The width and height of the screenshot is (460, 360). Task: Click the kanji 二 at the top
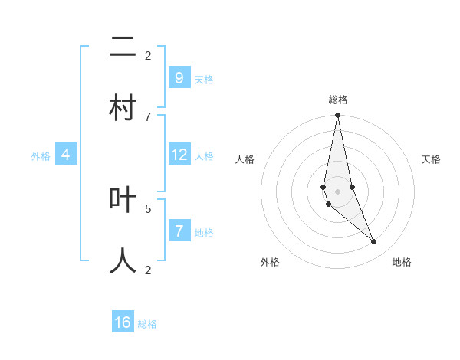click(x=123, y=48)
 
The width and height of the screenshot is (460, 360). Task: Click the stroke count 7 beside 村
click(x=148, y=116)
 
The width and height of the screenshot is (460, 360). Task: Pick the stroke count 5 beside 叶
click(x=148, y=208)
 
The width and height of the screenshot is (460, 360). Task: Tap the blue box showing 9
click(x=179, y=78)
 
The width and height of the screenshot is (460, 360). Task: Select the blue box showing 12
click(x=179, y=155)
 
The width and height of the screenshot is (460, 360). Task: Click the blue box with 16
click(x=123, y=322)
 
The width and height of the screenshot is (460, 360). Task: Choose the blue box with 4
click(x=66, y=155)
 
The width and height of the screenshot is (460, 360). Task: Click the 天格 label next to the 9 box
click(x=204, y=80)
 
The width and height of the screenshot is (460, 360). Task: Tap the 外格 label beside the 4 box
click(x=41, y=156)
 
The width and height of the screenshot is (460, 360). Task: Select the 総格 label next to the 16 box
click(x=147, y=324)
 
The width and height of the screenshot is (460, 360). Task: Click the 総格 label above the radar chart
click(x=338, y=100)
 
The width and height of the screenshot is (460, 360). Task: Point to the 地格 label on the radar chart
click(x=402, y=262)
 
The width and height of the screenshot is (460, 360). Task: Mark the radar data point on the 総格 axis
click(x=337, y=116)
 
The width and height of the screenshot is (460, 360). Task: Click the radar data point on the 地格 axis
click(x=374, y=242)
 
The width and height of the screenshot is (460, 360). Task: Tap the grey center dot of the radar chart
click(x=337, y=191)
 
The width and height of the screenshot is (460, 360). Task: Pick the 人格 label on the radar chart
click(x=245, y=159)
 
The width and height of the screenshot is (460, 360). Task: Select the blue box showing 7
click(x=179, y=231)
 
